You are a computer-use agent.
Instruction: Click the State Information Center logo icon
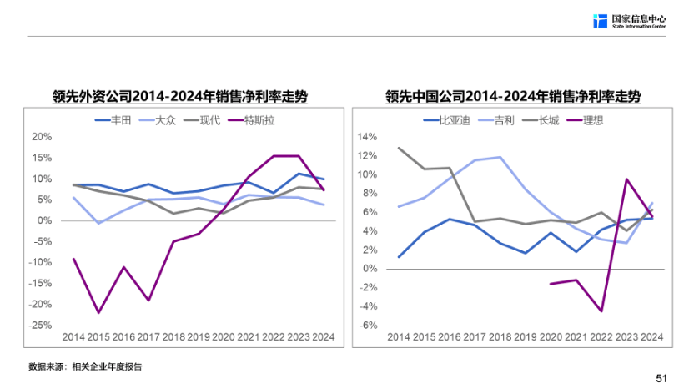600,21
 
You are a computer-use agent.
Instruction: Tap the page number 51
661,378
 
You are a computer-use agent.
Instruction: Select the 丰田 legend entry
113,120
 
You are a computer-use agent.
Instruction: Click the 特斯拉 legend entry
251,120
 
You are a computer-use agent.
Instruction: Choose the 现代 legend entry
202,120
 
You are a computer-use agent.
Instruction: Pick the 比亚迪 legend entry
446,120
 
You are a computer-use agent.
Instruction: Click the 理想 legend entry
585,120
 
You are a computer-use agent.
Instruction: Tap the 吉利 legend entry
495,120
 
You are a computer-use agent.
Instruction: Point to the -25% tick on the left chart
40,326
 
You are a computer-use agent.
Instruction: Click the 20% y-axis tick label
42,137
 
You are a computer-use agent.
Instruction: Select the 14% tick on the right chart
367,137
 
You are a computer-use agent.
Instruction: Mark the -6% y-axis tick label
368,326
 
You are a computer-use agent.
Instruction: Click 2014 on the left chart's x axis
73,337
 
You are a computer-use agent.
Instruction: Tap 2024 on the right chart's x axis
652,337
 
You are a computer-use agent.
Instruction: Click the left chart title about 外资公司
179,96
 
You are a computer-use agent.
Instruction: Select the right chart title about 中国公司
513,96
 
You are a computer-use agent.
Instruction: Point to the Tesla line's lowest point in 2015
98,313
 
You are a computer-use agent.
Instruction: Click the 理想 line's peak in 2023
626,179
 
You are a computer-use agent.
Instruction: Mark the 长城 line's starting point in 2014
399,148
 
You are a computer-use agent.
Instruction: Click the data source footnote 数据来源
85,366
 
